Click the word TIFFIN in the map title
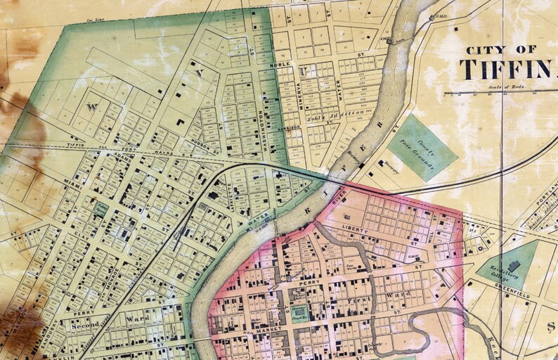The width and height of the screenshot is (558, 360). coord(500,69)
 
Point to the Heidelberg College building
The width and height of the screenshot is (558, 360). coord(514,266)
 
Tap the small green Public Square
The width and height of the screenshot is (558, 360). coord(100,209)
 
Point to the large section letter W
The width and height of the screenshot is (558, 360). coord(90,108)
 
